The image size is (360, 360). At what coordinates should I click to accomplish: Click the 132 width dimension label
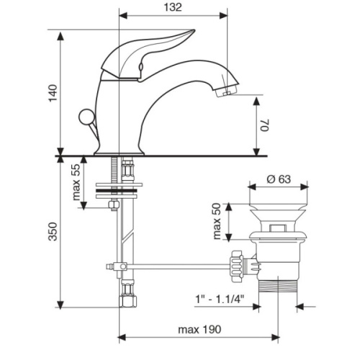[x=173, y=7]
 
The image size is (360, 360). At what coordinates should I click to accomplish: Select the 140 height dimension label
[x=53, y=93]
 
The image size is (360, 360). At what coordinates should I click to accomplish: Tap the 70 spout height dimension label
[x=266, y=125]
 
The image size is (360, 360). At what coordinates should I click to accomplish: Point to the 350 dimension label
[x=53, y=232]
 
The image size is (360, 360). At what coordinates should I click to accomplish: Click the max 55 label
[x=76, y=182]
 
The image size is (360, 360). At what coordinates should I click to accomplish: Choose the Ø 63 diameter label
[x=279, y=179]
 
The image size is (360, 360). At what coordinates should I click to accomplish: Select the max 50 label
[x=217, y=221]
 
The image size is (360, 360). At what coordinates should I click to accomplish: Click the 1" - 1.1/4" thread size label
[x=220, y=300]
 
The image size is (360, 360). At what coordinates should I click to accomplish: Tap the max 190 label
[x=199, y=330]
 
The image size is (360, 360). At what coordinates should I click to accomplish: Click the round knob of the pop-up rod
[x=86, y=117]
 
